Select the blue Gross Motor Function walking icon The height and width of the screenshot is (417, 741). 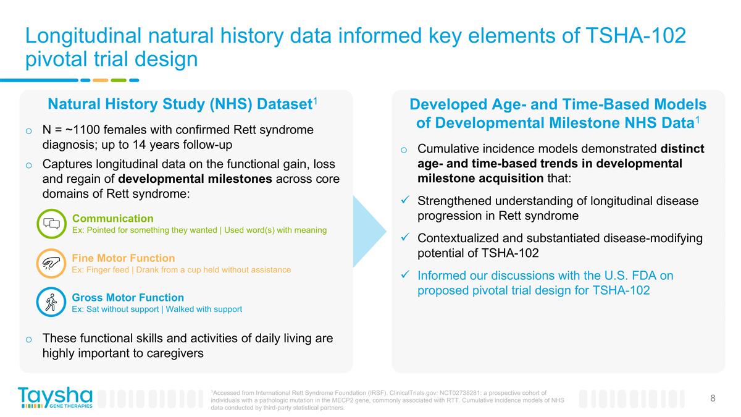coord(51,303)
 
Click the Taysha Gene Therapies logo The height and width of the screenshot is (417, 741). coord(55,397)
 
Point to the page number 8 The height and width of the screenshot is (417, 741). coord(713,398)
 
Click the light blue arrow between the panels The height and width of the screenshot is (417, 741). coord(369,232)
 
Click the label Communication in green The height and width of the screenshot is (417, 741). coord(113,218)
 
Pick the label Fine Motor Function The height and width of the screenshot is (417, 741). coord(124,258)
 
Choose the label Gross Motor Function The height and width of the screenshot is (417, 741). coord(128,297)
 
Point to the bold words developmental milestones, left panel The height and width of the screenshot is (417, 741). coord(195,179)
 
